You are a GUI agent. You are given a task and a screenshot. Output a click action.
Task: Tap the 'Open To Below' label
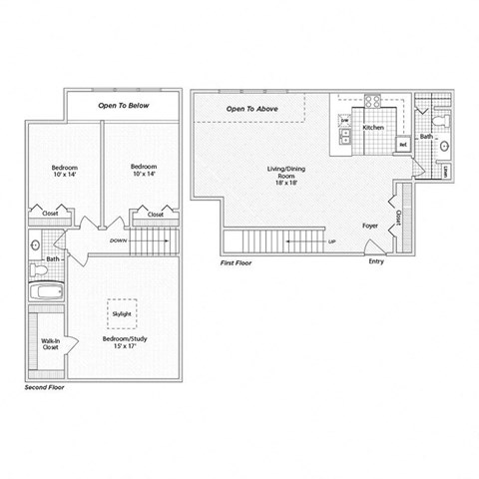pos(123,103)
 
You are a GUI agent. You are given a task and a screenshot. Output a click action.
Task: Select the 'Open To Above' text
pos(251,108)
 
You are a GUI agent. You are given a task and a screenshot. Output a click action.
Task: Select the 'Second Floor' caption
pos(46,384)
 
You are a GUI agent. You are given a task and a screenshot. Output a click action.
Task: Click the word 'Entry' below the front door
pos(375,262)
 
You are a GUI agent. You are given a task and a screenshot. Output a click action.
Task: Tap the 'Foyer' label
pos(369,226)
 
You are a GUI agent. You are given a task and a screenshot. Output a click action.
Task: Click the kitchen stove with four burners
pos(374,102)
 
